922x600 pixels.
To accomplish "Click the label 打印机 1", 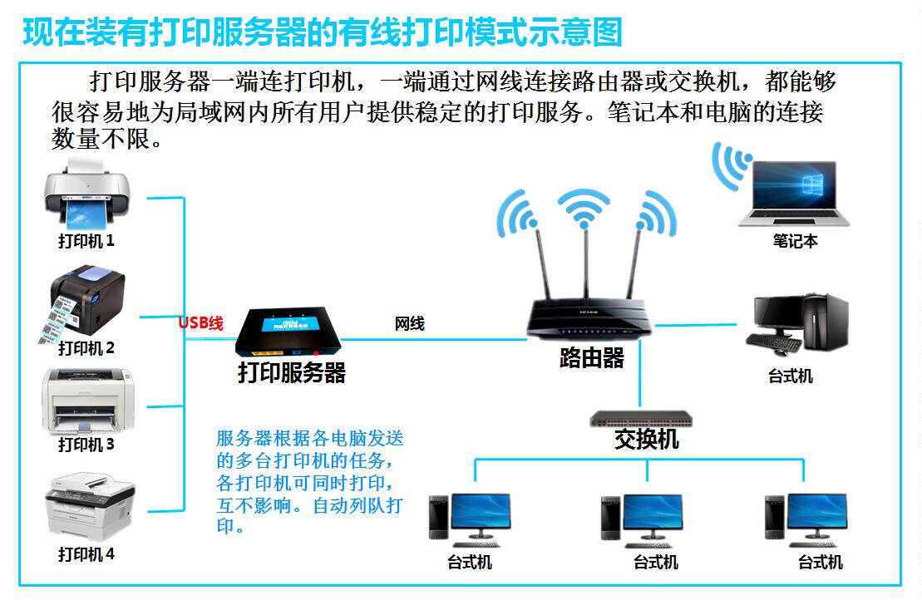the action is pyautogui.click(x=86, y=241).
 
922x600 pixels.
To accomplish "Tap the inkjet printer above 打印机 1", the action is pyautogui.click(x=87, y=194).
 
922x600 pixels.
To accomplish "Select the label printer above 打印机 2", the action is pyautogui.click(x=82, y=303).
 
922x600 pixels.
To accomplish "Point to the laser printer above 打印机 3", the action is pyautogui.click(x=87, y=402).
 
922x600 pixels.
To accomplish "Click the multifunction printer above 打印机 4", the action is pyautogui.click(x=90, y=507).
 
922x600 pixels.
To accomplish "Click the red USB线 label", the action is pyautogui.click(x=201, y=322).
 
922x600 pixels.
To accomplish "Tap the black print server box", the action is pyautogui.click(x=288, y=332).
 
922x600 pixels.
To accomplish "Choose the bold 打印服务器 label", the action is pyautogui.click(x=292, y=372).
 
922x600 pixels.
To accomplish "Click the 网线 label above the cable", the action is pyautogui.click(x=409, y=323).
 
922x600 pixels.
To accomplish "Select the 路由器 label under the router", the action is pyautogui.click(x=591, y=357).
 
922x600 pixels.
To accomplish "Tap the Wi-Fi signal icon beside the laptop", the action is pyautogui.click(x=731, y=165).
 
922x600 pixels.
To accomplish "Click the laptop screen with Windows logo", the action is pyautogui.click(x=794, y=185).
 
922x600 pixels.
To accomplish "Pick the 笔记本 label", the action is pyautogui.click(x=795, y=241).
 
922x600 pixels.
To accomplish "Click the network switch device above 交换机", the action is pyautogui.click(x=641, y=419).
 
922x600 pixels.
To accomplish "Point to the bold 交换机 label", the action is pyautogui.click(x=647, y=439).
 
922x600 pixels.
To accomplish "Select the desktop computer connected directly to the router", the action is pyautogui.click(x=797, y=324).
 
